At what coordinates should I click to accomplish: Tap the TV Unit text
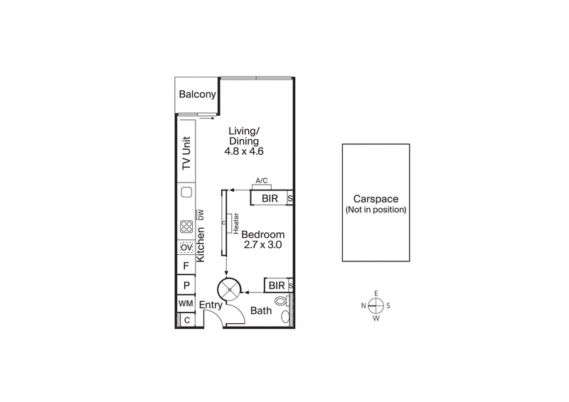point(187,153)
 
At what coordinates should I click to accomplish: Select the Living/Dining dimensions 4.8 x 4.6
point(244,152)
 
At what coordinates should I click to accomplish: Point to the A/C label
point(261,182)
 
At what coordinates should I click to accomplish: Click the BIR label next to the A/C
point(270,198)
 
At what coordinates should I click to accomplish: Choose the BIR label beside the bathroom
point(275,286)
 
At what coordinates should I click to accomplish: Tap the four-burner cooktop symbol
point(186,228)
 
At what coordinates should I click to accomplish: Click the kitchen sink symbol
point(186,192)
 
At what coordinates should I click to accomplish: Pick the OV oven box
point(186,247)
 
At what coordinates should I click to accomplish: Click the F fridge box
point(186,266)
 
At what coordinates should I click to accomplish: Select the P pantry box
point(186,286)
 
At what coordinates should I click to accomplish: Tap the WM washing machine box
point(186,304)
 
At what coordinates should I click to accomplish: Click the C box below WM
point(186,320)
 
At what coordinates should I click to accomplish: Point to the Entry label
point(211,305)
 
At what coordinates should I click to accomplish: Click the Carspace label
point(375,200)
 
